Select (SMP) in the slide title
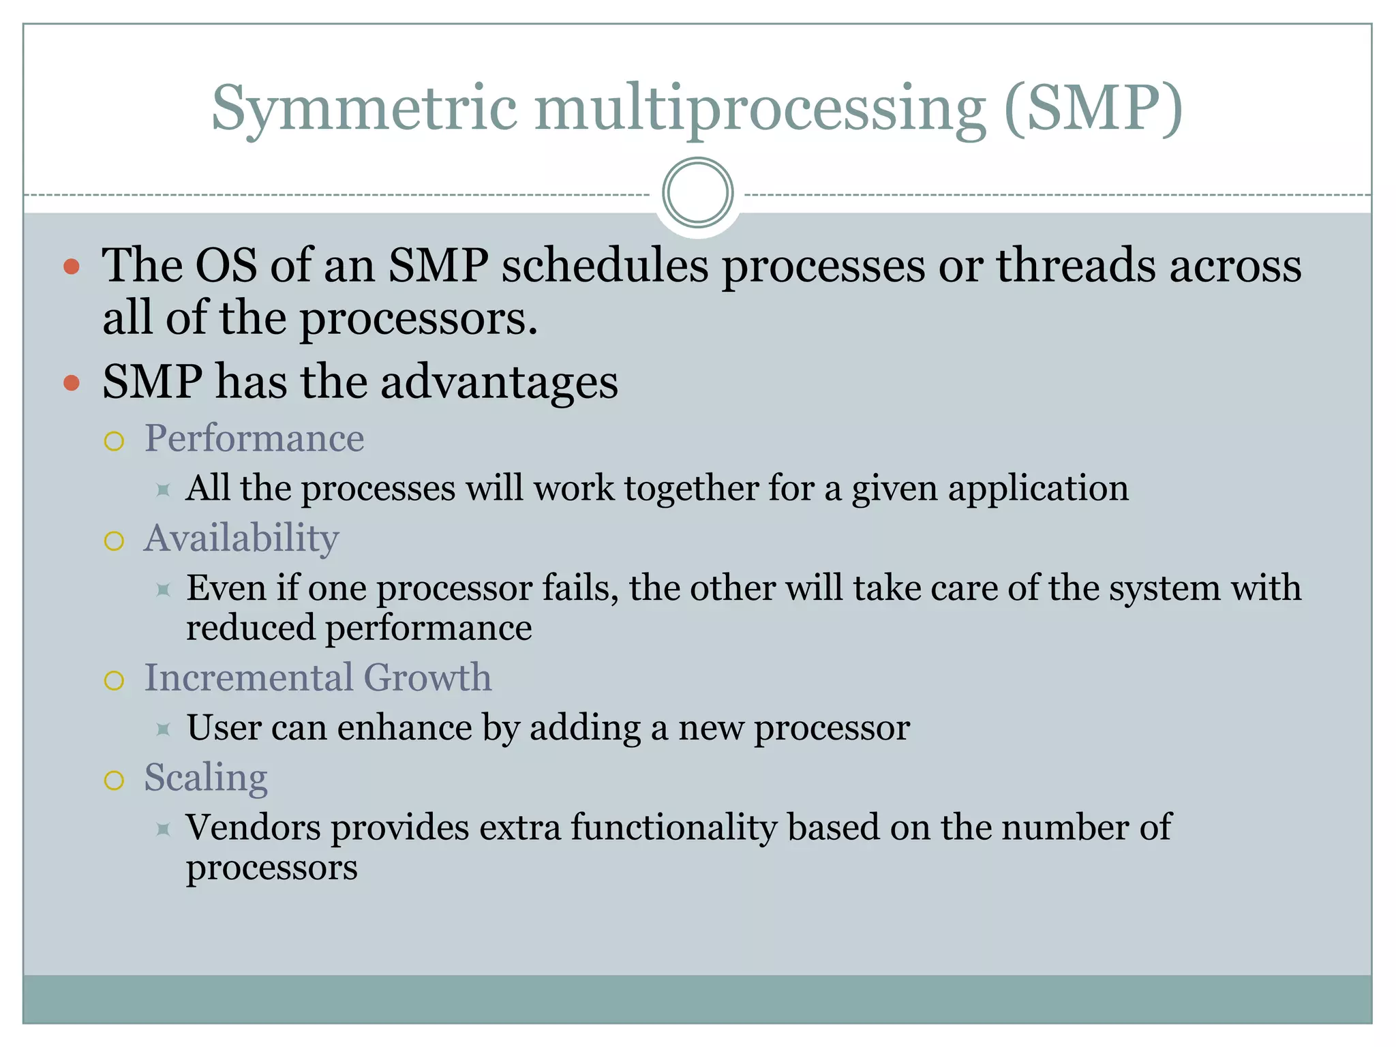pyautogui.click(x=1093, y=109)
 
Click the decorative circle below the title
pyautogui.click(x=697, y=193)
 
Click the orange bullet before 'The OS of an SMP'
pyautogui.click(x=72, y=267)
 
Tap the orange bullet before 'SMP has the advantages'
pyautogui.click(x=72, y=383)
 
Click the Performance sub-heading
pyautogui.click(x=254, y=438)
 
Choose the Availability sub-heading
pyautogui.click(x=241, y=538)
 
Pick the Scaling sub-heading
pyautogui.click(x=206, y=778)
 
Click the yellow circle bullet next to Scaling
pyautogui.click(x=115, y=780)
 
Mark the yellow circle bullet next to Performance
pyautogui.click(x=115, y=442)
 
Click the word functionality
pyautogui.click(x=673, y=828)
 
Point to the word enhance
pyautogui.click(x=404, y=728)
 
